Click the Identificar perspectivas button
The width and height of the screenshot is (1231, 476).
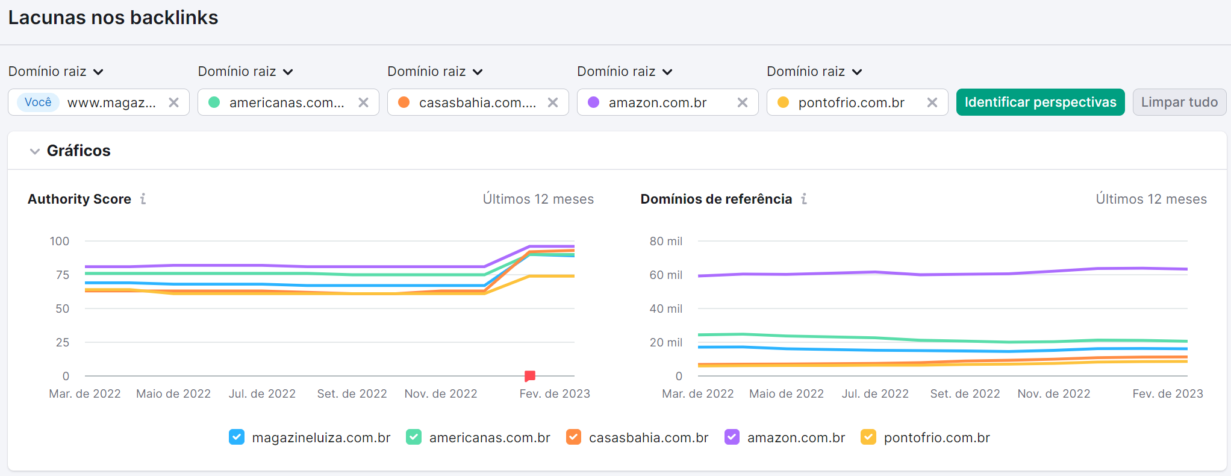click(x=1040, y=102)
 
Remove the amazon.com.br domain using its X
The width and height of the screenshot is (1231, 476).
click(x=743, y=102)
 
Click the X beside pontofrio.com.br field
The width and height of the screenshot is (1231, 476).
click(x=932, y=102)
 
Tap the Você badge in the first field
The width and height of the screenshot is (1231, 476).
click(x=38, y=102)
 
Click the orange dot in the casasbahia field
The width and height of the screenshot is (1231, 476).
click(x=404, y=102)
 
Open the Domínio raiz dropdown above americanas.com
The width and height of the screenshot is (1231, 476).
click(x=246, y=72)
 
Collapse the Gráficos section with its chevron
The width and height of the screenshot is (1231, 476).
click(x=35, y=151)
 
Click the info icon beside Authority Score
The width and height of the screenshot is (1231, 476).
click(x=143, y=199)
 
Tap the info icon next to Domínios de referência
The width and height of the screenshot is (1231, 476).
click(x=804, y=199)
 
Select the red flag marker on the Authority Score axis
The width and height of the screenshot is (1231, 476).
click(x=530, y=376)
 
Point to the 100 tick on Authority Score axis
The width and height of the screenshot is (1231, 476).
click(x=60, y=241)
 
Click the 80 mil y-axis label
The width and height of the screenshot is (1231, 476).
click(x=665, y=241)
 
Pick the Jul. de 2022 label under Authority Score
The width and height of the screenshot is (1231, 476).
click(x=262, y=393)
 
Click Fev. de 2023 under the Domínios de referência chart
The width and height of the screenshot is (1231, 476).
click(x=1167, y=393)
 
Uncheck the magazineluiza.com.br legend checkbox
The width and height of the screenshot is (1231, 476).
click(x=237, y=437)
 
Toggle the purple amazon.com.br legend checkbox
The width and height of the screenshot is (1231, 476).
click(x=732, y=437)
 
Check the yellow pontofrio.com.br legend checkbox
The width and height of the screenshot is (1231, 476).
click(x=868, y=437)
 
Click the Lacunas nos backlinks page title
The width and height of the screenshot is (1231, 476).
click(x=113, y=17)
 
